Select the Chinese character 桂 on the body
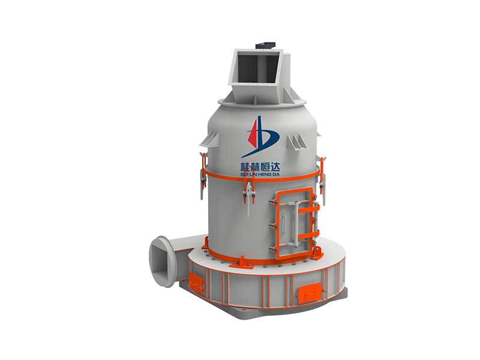point(245,167)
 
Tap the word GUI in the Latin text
point(244,174)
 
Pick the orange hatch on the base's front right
point(310,292)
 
